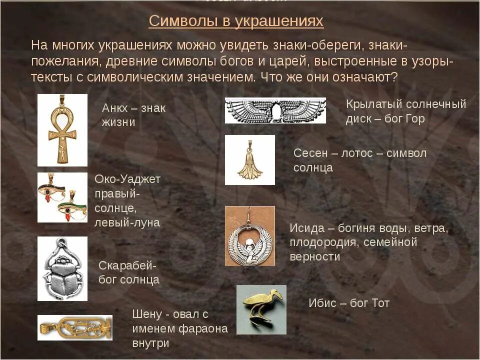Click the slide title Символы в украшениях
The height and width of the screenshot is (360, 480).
pyautogui.click(x=236, y=21)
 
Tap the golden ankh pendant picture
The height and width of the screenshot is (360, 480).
pyautogui.click(x=62, y=130)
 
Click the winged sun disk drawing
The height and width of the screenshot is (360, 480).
pyautogui.click(x=275, y=110)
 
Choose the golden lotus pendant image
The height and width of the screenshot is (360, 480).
pyautogui.click(x=249, y=160)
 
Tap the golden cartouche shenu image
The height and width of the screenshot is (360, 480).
pyautogui.click(x=74, y=327)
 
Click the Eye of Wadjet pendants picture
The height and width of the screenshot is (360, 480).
pyautogui.click(x=62, y=197)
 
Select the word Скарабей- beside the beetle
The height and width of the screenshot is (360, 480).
pyautogui.click(x=127, y=265)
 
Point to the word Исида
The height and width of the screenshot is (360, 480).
pyautogui.click(x=306, y=228)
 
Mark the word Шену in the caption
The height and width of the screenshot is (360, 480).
pyautogui.click(x=147, y=314)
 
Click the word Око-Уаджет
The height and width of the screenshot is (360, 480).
pyautogui.click(x=127, y=179)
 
